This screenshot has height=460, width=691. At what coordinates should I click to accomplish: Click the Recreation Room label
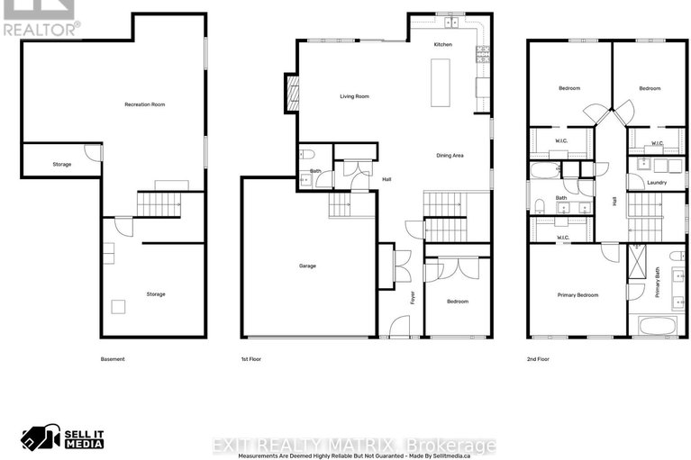point(144,104)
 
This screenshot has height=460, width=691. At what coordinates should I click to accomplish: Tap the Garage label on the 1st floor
point(307,266)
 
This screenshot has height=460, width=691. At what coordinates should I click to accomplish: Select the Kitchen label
point(442,44)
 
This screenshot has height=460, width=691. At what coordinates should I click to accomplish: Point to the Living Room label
point(354,96)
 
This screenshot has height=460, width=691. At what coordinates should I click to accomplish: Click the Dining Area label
point(450,156)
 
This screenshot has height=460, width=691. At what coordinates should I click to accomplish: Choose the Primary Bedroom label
point(577,294)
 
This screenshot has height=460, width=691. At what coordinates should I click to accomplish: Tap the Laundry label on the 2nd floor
point(657,183)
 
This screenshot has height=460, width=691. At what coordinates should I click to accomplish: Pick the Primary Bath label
point(657,285)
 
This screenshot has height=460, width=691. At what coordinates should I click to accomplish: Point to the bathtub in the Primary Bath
point(657,325)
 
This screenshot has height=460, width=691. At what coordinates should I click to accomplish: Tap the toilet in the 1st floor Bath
point(305,153)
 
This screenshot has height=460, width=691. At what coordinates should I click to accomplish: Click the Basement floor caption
point(113,359)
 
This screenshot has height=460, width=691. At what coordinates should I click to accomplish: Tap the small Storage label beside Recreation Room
point(61,164)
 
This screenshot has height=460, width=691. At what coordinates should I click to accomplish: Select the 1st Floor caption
point(250,359)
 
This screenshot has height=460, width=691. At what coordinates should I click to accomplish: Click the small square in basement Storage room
point(117,306)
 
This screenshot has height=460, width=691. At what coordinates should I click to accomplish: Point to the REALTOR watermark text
point(41,28)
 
